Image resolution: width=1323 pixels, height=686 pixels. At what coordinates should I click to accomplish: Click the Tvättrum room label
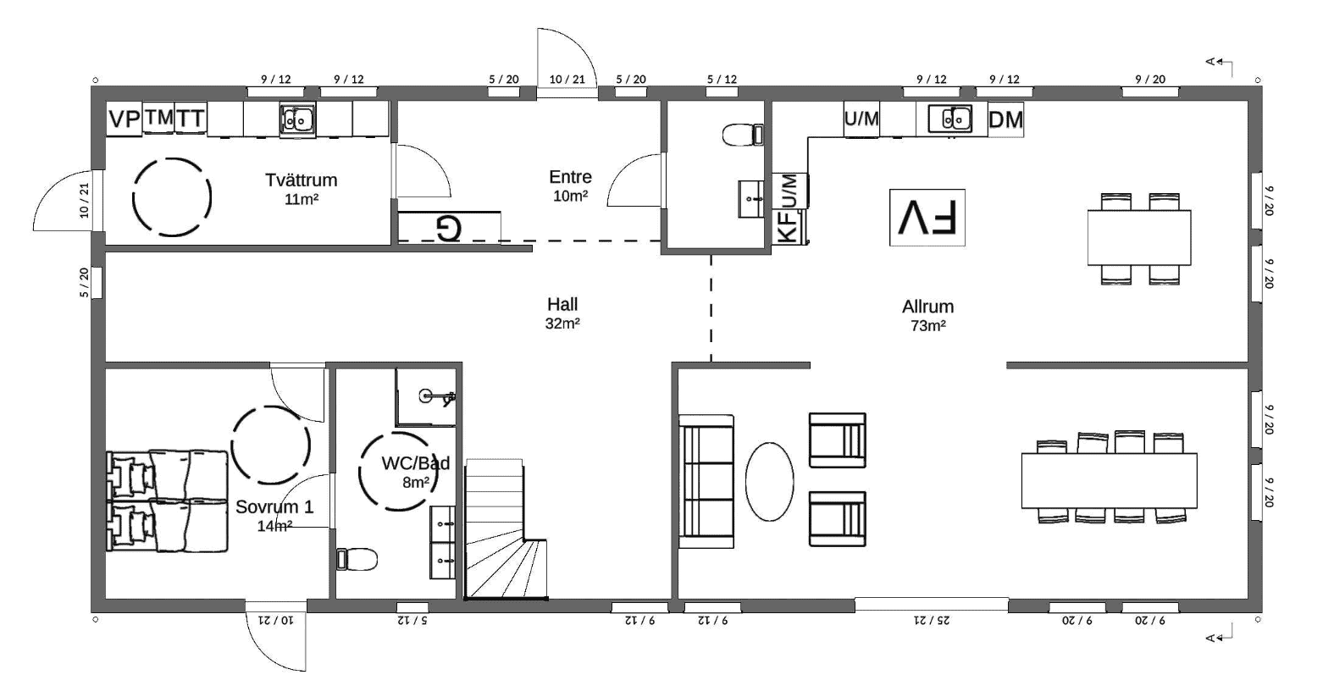302,180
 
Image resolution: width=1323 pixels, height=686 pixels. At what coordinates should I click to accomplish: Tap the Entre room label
570,176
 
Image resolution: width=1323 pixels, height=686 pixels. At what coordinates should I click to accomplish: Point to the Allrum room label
927,307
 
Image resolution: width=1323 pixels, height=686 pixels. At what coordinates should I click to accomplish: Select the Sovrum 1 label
274,506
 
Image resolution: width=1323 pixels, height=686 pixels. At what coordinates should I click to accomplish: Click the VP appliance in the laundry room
124,119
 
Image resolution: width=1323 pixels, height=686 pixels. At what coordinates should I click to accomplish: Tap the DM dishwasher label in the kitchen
1006,120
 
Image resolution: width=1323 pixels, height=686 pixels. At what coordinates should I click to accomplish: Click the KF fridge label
789,227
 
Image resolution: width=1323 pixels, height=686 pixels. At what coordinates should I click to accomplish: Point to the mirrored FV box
927,218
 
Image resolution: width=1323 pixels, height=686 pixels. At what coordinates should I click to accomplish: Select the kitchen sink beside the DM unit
949,119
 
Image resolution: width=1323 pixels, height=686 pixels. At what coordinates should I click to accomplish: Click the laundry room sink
297,120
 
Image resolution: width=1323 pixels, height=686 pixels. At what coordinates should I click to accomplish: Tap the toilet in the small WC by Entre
743,134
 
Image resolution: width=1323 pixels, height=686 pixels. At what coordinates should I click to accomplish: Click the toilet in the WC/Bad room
357,559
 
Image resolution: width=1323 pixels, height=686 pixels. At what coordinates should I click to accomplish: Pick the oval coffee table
769,482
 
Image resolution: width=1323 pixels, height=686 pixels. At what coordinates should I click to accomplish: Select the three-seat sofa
706,481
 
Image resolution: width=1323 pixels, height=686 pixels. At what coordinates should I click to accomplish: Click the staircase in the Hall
506,529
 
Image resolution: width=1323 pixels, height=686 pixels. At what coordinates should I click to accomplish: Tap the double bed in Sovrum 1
167,501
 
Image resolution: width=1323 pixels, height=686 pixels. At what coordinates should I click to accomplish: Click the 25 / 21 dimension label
932,621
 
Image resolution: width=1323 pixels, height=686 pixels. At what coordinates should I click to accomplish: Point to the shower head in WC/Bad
437,396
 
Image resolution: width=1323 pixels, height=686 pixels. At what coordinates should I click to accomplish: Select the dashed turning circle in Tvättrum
172,197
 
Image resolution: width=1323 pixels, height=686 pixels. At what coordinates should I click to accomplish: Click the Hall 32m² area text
562,324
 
